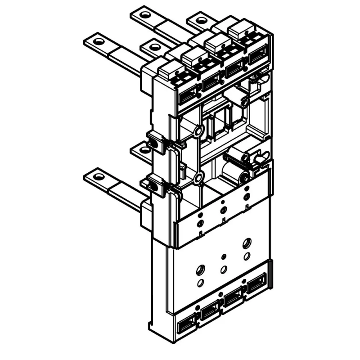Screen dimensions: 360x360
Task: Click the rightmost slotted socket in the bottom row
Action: pos(255,285)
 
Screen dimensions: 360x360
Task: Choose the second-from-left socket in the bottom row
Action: pos(209,312)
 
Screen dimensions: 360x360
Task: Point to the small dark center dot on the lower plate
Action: pos(224,257)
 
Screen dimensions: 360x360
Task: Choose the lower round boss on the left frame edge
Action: pos(198,179)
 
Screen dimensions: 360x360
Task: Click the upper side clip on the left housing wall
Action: pos(154,142)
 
